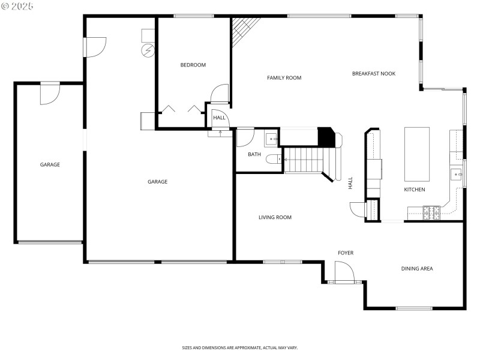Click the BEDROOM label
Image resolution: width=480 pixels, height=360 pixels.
193,65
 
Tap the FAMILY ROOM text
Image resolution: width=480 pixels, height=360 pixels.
284,77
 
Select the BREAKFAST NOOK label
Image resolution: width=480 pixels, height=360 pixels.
373,73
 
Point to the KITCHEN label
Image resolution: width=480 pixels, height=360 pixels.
414,190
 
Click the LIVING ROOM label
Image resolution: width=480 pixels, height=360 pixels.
275,217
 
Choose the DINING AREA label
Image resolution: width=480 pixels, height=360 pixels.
417,268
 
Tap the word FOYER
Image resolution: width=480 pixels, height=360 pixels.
345,253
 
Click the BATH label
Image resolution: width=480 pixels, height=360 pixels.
254,155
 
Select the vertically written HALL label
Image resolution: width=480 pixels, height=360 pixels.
350,183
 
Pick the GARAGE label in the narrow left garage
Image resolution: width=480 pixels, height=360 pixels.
50,164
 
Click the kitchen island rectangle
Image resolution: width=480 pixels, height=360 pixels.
418,154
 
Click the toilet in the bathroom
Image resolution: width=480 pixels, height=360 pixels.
274,159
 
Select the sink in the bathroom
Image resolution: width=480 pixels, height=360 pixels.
272,139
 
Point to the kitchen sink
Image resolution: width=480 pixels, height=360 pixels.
457,175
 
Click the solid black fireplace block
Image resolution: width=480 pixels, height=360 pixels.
325,137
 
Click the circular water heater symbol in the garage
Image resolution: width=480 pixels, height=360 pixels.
148,50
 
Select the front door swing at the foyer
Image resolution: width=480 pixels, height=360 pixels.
344,273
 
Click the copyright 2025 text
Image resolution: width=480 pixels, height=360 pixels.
17,5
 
